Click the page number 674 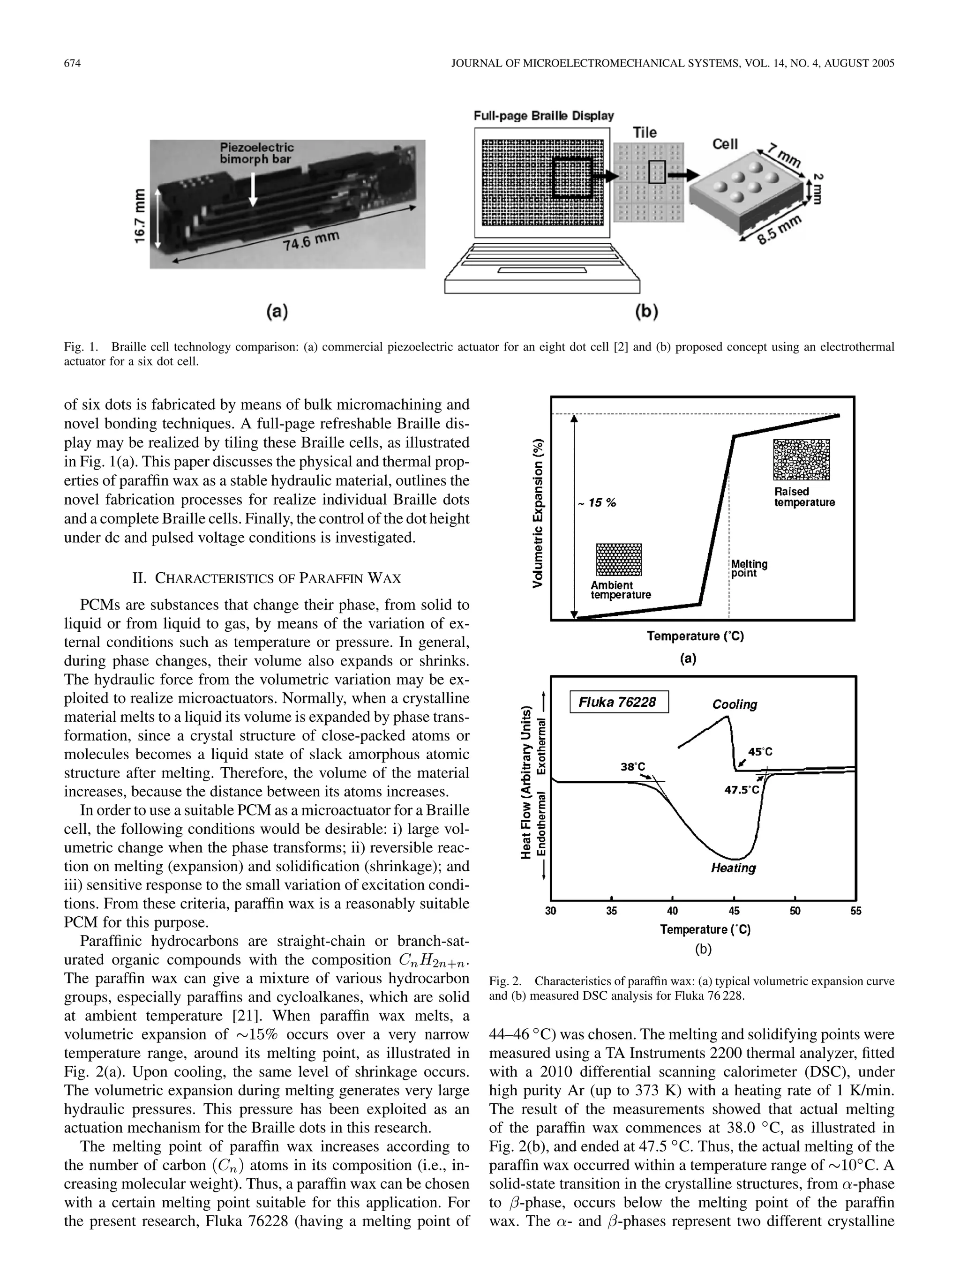point(72,64)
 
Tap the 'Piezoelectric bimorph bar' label point(256,153)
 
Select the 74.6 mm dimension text point(311,241)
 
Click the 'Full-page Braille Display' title point(543,116)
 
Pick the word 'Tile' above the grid point(645,133)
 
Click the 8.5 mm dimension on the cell point(780,230)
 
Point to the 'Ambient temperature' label point(620,590)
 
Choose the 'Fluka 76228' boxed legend point(619,702)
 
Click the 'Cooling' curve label point(735,704)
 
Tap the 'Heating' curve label point(733,868)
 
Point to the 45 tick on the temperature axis point(734,911)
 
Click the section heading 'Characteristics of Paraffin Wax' point(267,578)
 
